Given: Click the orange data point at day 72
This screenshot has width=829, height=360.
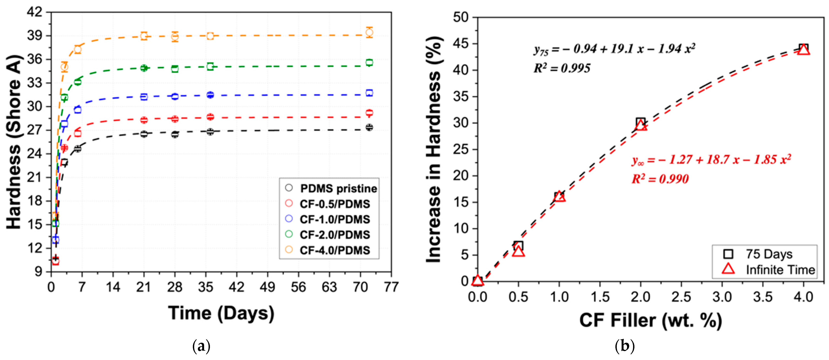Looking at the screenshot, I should (x=369, y=32).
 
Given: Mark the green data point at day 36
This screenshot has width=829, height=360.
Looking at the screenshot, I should (x=210, y=67).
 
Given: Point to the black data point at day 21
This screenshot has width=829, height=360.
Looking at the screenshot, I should (x=144, y=134).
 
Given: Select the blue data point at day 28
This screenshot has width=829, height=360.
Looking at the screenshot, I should (x=175, y=96).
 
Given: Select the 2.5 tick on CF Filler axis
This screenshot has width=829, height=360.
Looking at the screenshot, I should (x=681, y=297).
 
